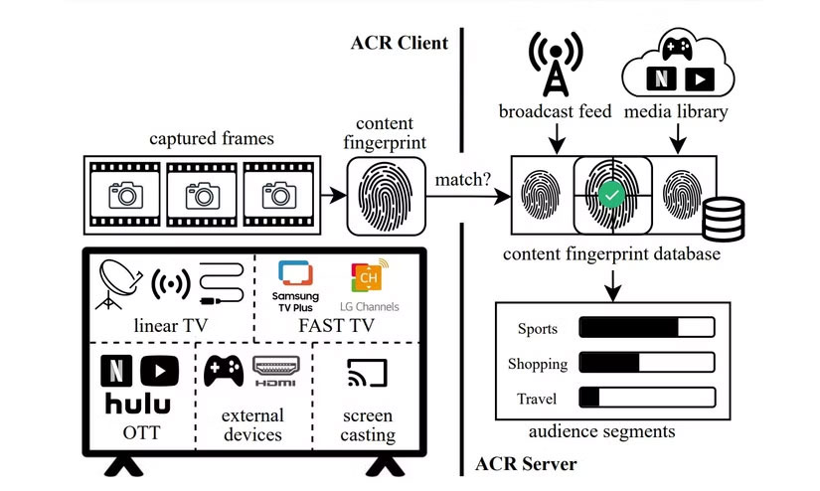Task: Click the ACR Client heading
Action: click(x=399, y=43)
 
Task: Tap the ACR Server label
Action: click(x=526, y=463)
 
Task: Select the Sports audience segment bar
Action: click(x=646, y=328)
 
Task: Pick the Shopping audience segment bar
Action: click(x=646, y=364)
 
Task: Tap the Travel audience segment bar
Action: click(x=646, y=399)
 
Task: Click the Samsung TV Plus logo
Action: click(x=295, y=284)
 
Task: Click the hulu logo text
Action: click(x=137, y=404)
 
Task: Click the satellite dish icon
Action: click(x=119, y=281)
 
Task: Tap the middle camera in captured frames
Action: click(x=204, y=194)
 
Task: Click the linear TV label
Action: click(x=169, y=327)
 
